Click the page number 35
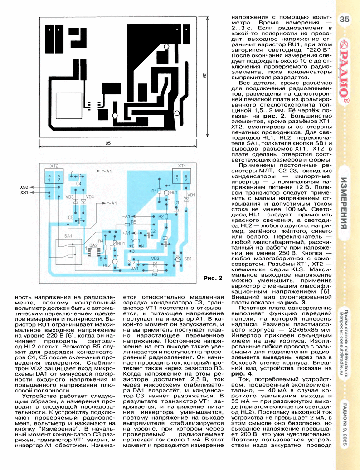click(x=344, y=20)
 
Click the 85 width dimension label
click(x=108, y=143)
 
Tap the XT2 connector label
click(x=54, y=166)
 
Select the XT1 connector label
click(x=182, y=166)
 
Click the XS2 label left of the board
click(x=24, y=187)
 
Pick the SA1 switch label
click(x=69, y=237)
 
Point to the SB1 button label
click(x=188, y=259)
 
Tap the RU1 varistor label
click(x=121, y=244)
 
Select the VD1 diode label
click(x=191, y=195)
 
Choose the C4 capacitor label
click(x=78, y=183)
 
